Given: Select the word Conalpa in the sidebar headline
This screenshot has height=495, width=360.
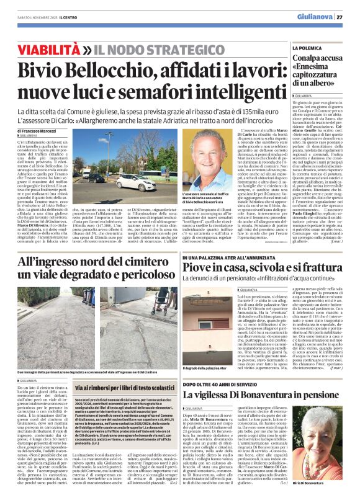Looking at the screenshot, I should [x=308, y=60].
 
